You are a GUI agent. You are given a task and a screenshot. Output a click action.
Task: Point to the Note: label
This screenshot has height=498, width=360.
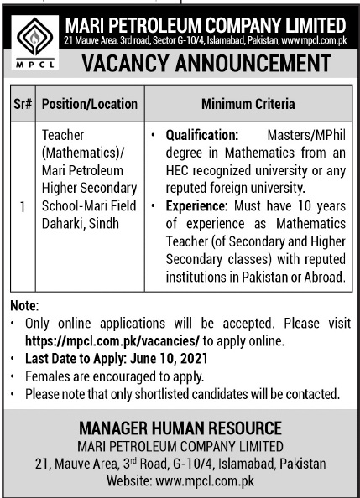(x=25, y=309)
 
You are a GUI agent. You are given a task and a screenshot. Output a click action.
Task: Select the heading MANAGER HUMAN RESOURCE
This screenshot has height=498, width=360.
(x=180, y=428)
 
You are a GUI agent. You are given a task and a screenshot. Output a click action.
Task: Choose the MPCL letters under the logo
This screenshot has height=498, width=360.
(x=32, y=62)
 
